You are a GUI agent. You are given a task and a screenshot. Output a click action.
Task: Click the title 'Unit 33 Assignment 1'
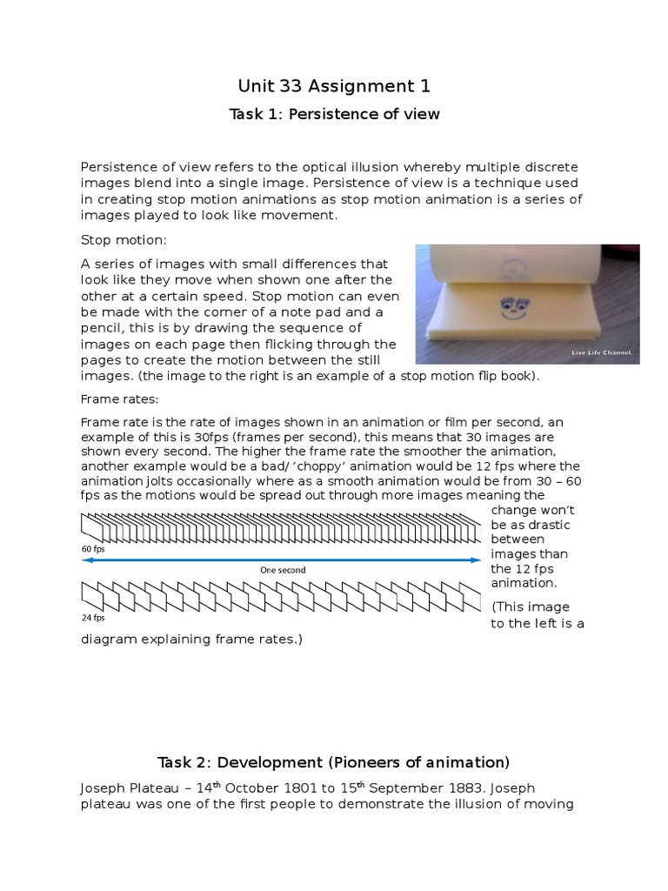pyautogui.click(x=334, y=85)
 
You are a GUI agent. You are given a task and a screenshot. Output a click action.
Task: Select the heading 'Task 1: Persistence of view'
pyautogui.click(x=334, y=114)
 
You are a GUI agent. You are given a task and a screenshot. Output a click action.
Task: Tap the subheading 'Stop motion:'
pyautogui.click(x=123, y=239)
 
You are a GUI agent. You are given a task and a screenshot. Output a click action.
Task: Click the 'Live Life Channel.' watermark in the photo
pyautogui.click(x=601, y=352)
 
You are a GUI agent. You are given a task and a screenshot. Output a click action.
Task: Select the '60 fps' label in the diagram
pyautogui.click(x=93, y=549)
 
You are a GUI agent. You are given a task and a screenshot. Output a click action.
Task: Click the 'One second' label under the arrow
pyautogui.click(x=283, y=570)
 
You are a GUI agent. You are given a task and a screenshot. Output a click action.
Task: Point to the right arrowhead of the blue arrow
pyautogui.click(x=476, y=560)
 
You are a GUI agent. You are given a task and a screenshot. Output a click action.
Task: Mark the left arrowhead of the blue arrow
pyautogui.click(x=85, y=560)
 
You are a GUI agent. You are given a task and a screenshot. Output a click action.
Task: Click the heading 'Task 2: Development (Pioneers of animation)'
pyautogui.click(x=333, y=762)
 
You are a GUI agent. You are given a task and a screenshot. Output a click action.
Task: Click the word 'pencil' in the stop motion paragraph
pyautogui.click(x=104, y=327)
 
